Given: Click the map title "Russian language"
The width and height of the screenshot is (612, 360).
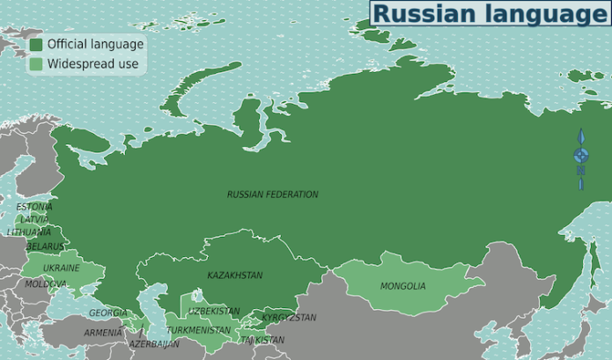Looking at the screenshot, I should coord(490,13).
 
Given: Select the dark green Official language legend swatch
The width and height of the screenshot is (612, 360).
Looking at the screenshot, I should coord(36,44).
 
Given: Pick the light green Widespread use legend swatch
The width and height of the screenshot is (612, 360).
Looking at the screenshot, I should coord(36,63).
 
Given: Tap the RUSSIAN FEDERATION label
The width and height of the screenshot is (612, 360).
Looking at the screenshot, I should coord(273,195).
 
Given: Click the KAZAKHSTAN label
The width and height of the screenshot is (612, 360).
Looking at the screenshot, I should coord(234,276).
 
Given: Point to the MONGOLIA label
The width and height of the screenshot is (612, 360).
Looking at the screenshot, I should coord(402,286).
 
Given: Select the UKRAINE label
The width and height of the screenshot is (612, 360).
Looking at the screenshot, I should coord(62,268).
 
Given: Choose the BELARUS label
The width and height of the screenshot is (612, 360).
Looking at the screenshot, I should coord(45,246).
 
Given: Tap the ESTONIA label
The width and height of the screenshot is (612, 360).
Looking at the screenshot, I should coord(34,207).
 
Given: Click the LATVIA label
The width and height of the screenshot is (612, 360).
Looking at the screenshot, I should coord(34,219).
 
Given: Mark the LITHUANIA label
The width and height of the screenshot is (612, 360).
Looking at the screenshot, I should coord(29,232).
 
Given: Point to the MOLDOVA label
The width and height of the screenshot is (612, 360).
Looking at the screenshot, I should coord(45,284).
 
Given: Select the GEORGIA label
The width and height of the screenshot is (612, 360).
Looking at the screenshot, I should coord(107,313).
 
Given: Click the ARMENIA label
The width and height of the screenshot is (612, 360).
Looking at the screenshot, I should coord(103,333).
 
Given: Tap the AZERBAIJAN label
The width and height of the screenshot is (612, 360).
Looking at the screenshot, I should coord(154,344).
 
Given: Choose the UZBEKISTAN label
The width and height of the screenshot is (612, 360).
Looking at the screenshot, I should coord(213,312).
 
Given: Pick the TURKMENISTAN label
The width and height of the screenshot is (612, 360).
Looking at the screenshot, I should coord(198,330).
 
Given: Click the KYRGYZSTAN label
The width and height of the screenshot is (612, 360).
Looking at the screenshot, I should coord(289,318).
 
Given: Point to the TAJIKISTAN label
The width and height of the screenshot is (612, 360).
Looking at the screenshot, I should coord(262,340).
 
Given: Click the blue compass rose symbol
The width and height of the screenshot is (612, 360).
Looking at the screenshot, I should coord(580,157).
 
